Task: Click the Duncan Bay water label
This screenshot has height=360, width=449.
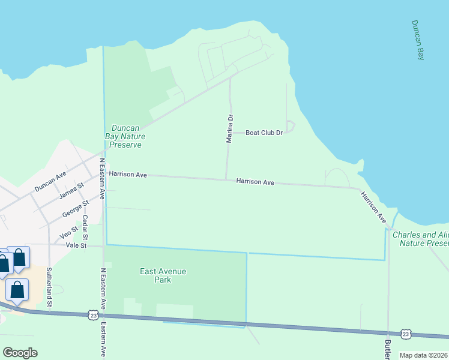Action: coord(418,40)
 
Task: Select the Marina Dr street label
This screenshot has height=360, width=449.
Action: coord(229,128)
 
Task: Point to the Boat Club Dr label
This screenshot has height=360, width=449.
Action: coord(264,133)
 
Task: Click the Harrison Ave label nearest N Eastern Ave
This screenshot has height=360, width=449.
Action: coord(128,174)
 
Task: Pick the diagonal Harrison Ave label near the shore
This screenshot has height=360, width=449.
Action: coord(373,207)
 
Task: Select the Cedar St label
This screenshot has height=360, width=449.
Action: coord(85,226)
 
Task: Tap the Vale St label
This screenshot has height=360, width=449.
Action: coord(76,245)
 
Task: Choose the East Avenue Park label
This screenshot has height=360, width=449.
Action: coord(163,275)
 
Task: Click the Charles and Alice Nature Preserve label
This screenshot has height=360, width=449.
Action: coord(421,239)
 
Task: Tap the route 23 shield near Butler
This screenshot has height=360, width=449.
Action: coord(406,334)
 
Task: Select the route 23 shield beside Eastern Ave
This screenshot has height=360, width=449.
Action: coord(92,314)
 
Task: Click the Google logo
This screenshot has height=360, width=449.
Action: coord(20,353)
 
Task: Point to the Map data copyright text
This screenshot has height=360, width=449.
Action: coord(423,355)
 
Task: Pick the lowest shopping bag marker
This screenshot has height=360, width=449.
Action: coord(17,290)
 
